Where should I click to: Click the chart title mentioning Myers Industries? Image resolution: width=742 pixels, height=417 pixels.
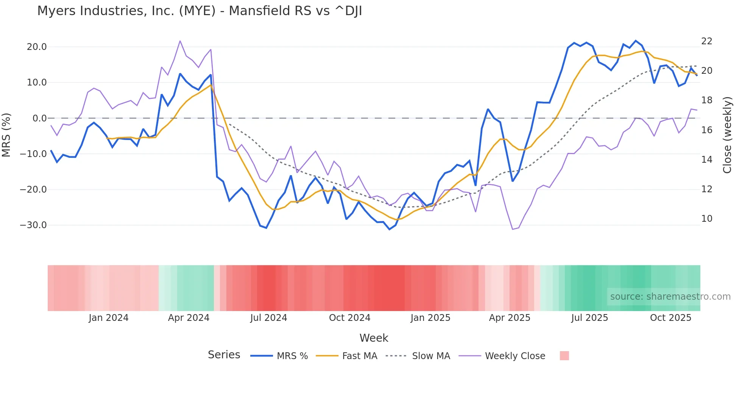200,11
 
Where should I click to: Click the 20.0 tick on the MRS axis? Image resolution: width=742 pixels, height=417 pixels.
37,47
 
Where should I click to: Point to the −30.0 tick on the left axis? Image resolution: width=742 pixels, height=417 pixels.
33,225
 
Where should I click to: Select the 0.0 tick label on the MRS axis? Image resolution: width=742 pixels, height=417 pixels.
39,118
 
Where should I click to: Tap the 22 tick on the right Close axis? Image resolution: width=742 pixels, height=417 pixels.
706,41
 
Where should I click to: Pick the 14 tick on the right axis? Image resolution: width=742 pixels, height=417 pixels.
706,160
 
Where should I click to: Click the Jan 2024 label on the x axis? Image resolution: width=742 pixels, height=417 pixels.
108,318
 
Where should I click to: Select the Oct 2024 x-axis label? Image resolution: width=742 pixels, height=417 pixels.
349,318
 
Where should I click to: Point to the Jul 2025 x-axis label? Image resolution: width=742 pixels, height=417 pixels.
589,318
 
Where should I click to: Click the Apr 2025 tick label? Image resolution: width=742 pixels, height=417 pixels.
510,318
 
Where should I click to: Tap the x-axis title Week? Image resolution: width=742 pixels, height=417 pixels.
374,338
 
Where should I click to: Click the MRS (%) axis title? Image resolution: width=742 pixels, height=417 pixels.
6,135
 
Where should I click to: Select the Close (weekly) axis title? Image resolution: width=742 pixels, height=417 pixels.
727,135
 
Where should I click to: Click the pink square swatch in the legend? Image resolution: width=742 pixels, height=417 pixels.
564,356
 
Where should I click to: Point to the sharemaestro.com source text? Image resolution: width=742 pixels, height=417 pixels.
670,297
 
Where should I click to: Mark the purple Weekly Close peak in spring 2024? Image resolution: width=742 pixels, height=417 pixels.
180,41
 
